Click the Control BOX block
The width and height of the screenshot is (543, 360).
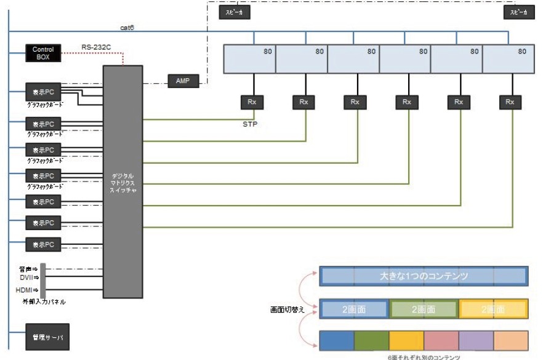click(x=42, y=53)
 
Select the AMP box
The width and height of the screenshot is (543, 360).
click(x=182, y=81)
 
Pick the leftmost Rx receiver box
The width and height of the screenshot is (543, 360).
click(x=251, y=102)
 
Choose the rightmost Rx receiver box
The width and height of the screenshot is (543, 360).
click(x=509, y=102)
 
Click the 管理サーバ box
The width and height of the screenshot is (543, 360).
click(x=47, y=338)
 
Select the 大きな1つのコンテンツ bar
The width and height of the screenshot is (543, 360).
click(x=424, y=276)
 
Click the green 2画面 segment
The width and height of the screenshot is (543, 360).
click(x=424, y=309)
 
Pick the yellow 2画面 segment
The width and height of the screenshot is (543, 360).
click(x=493, y=309)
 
